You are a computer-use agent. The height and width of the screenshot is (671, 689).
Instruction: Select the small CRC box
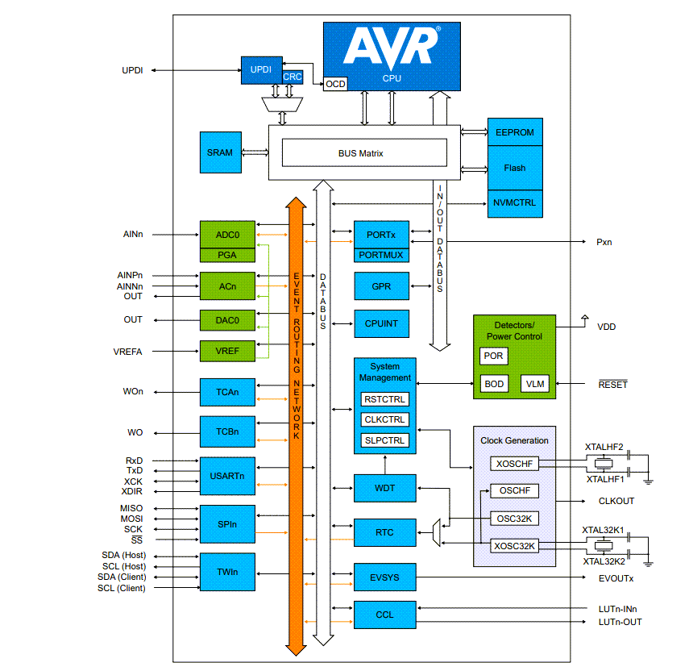pos(293,77)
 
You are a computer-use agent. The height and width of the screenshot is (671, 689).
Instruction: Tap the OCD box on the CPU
pos(335,84)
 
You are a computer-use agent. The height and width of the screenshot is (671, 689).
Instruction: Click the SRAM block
pos(220,152)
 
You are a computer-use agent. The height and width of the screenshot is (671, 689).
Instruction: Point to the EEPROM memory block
pos(514,132)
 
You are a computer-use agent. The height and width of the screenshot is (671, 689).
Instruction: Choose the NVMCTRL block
pos(514,203)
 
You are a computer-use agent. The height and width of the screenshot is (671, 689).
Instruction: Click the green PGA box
pos(226,256)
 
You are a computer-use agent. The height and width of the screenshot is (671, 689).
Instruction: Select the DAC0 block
pos(226,319)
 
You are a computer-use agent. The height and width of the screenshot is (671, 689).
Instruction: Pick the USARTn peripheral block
pos(226,476)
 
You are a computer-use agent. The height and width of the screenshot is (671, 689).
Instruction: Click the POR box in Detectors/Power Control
pos(493,356)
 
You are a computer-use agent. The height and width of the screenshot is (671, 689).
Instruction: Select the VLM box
pos(533,384)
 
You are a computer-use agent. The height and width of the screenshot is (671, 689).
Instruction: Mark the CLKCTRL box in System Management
pos(385,419)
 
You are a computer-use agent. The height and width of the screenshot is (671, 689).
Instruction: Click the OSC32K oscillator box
pos(514,518)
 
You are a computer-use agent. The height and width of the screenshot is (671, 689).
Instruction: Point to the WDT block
pos(385,488)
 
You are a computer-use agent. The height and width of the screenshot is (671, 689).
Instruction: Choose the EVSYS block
pos(385,577)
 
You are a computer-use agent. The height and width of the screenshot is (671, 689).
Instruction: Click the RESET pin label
pos(612,385)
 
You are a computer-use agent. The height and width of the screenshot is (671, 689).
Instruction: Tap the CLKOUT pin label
pos(616,501)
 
